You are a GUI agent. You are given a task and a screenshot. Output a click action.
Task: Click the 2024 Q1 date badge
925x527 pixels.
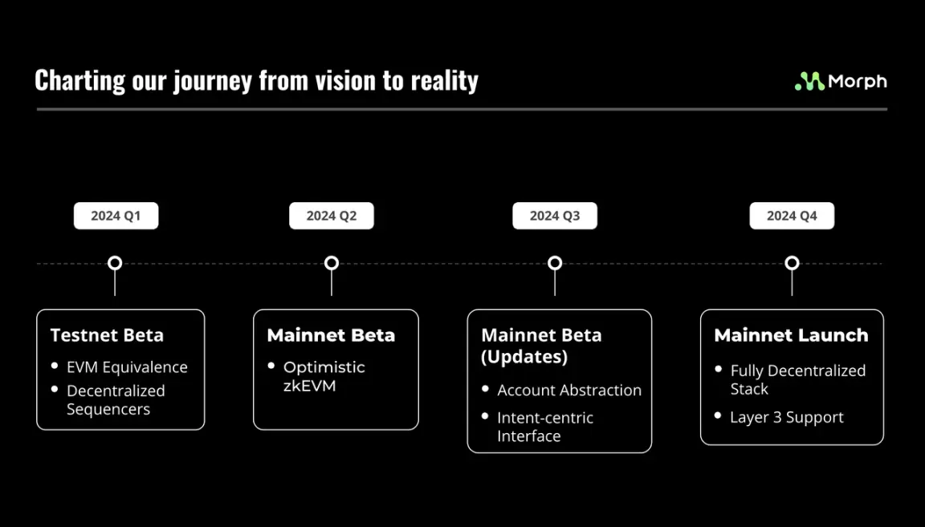point(116,216)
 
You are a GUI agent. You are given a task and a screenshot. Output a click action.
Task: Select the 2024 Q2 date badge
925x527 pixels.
point(332,216)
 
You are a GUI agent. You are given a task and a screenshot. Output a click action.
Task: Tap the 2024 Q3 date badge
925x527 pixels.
point(555,216)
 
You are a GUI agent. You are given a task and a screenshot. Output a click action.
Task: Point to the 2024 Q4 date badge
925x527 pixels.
point(792,216)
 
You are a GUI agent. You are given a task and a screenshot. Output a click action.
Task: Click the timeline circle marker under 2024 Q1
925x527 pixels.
point(115,263)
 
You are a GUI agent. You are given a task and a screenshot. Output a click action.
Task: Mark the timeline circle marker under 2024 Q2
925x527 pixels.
point(332,263)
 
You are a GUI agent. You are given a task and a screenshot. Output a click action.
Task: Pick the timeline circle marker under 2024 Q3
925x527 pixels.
point(555,263)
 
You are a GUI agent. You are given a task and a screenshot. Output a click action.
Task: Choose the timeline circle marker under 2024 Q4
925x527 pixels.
point(792,263)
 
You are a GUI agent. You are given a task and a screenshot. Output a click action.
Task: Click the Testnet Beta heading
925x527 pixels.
point(107,335)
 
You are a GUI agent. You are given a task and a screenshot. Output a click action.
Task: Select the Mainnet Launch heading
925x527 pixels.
point(791,335)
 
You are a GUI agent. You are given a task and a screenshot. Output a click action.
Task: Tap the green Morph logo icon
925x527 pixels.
point(809,81)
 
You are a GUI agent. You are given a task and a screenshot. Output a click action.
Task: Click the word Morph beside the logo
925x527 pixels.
point(858,81)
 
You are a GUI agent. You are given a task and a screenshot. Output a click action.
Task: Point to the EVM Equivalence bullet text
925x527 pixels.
point(127,367)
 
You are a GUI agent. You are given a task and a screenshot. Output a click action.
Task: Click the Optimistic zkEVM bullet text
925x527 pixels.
point(324,376)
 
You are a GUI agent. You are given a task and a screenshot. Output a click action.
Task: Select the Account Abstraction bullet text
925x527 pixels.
point(569,391)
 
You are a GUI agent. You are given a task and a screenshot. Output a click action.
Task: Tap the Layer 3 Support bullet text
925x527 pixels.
point(786,418)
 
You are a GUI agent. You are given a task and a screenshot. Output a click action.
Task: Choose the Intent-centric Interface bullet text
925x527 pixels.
point(544,427)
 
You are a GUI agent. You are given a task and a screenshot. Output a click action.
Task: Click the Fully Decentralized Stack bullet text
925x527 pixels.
point(797,379)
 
